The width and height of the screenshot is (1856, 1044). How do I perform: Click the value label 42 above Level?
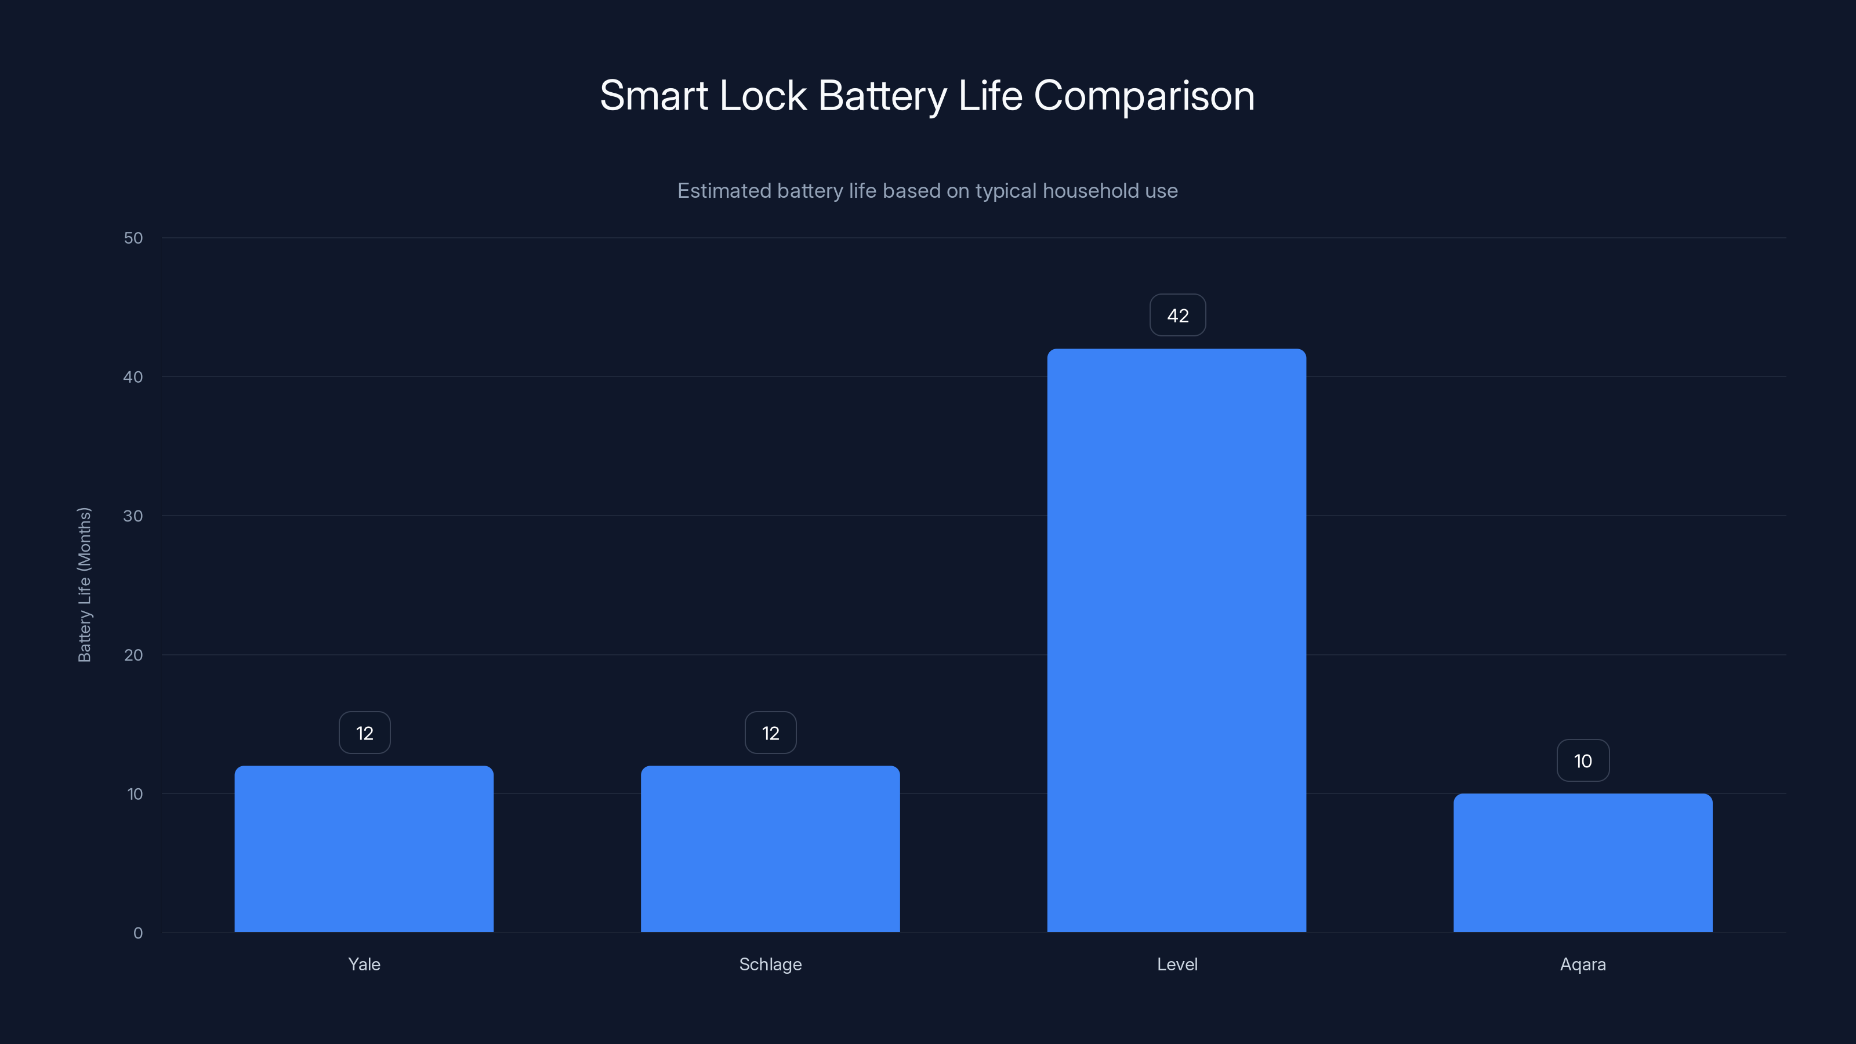(1177, 316)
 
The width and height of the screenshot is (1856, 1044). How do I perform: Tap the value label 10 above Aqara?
(1583, 761)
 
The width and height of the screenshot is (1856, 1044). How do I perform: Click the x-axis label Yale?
(364, 964)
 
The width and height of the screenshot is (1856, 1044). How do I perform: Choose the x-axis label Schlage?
(770, 964)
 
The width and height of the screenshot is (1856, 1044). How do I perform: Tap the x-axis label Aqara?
(1583, 964)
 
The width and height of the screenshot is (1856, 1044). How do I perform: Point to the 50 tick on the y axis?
(133, 238)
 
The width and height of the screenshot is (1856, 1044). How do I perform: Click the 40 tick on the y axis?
(133, 377)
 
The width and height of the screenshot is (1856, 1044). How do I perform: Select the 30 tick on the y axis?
(133, 516)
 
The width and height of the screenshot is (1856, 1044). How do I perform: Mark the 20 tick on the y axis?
(133, 655)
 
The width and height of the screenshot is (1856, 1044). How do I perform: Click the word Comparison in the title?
(1144, 96)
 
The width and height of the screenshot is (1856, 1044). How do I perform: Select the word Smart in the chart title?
(654, 96)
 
